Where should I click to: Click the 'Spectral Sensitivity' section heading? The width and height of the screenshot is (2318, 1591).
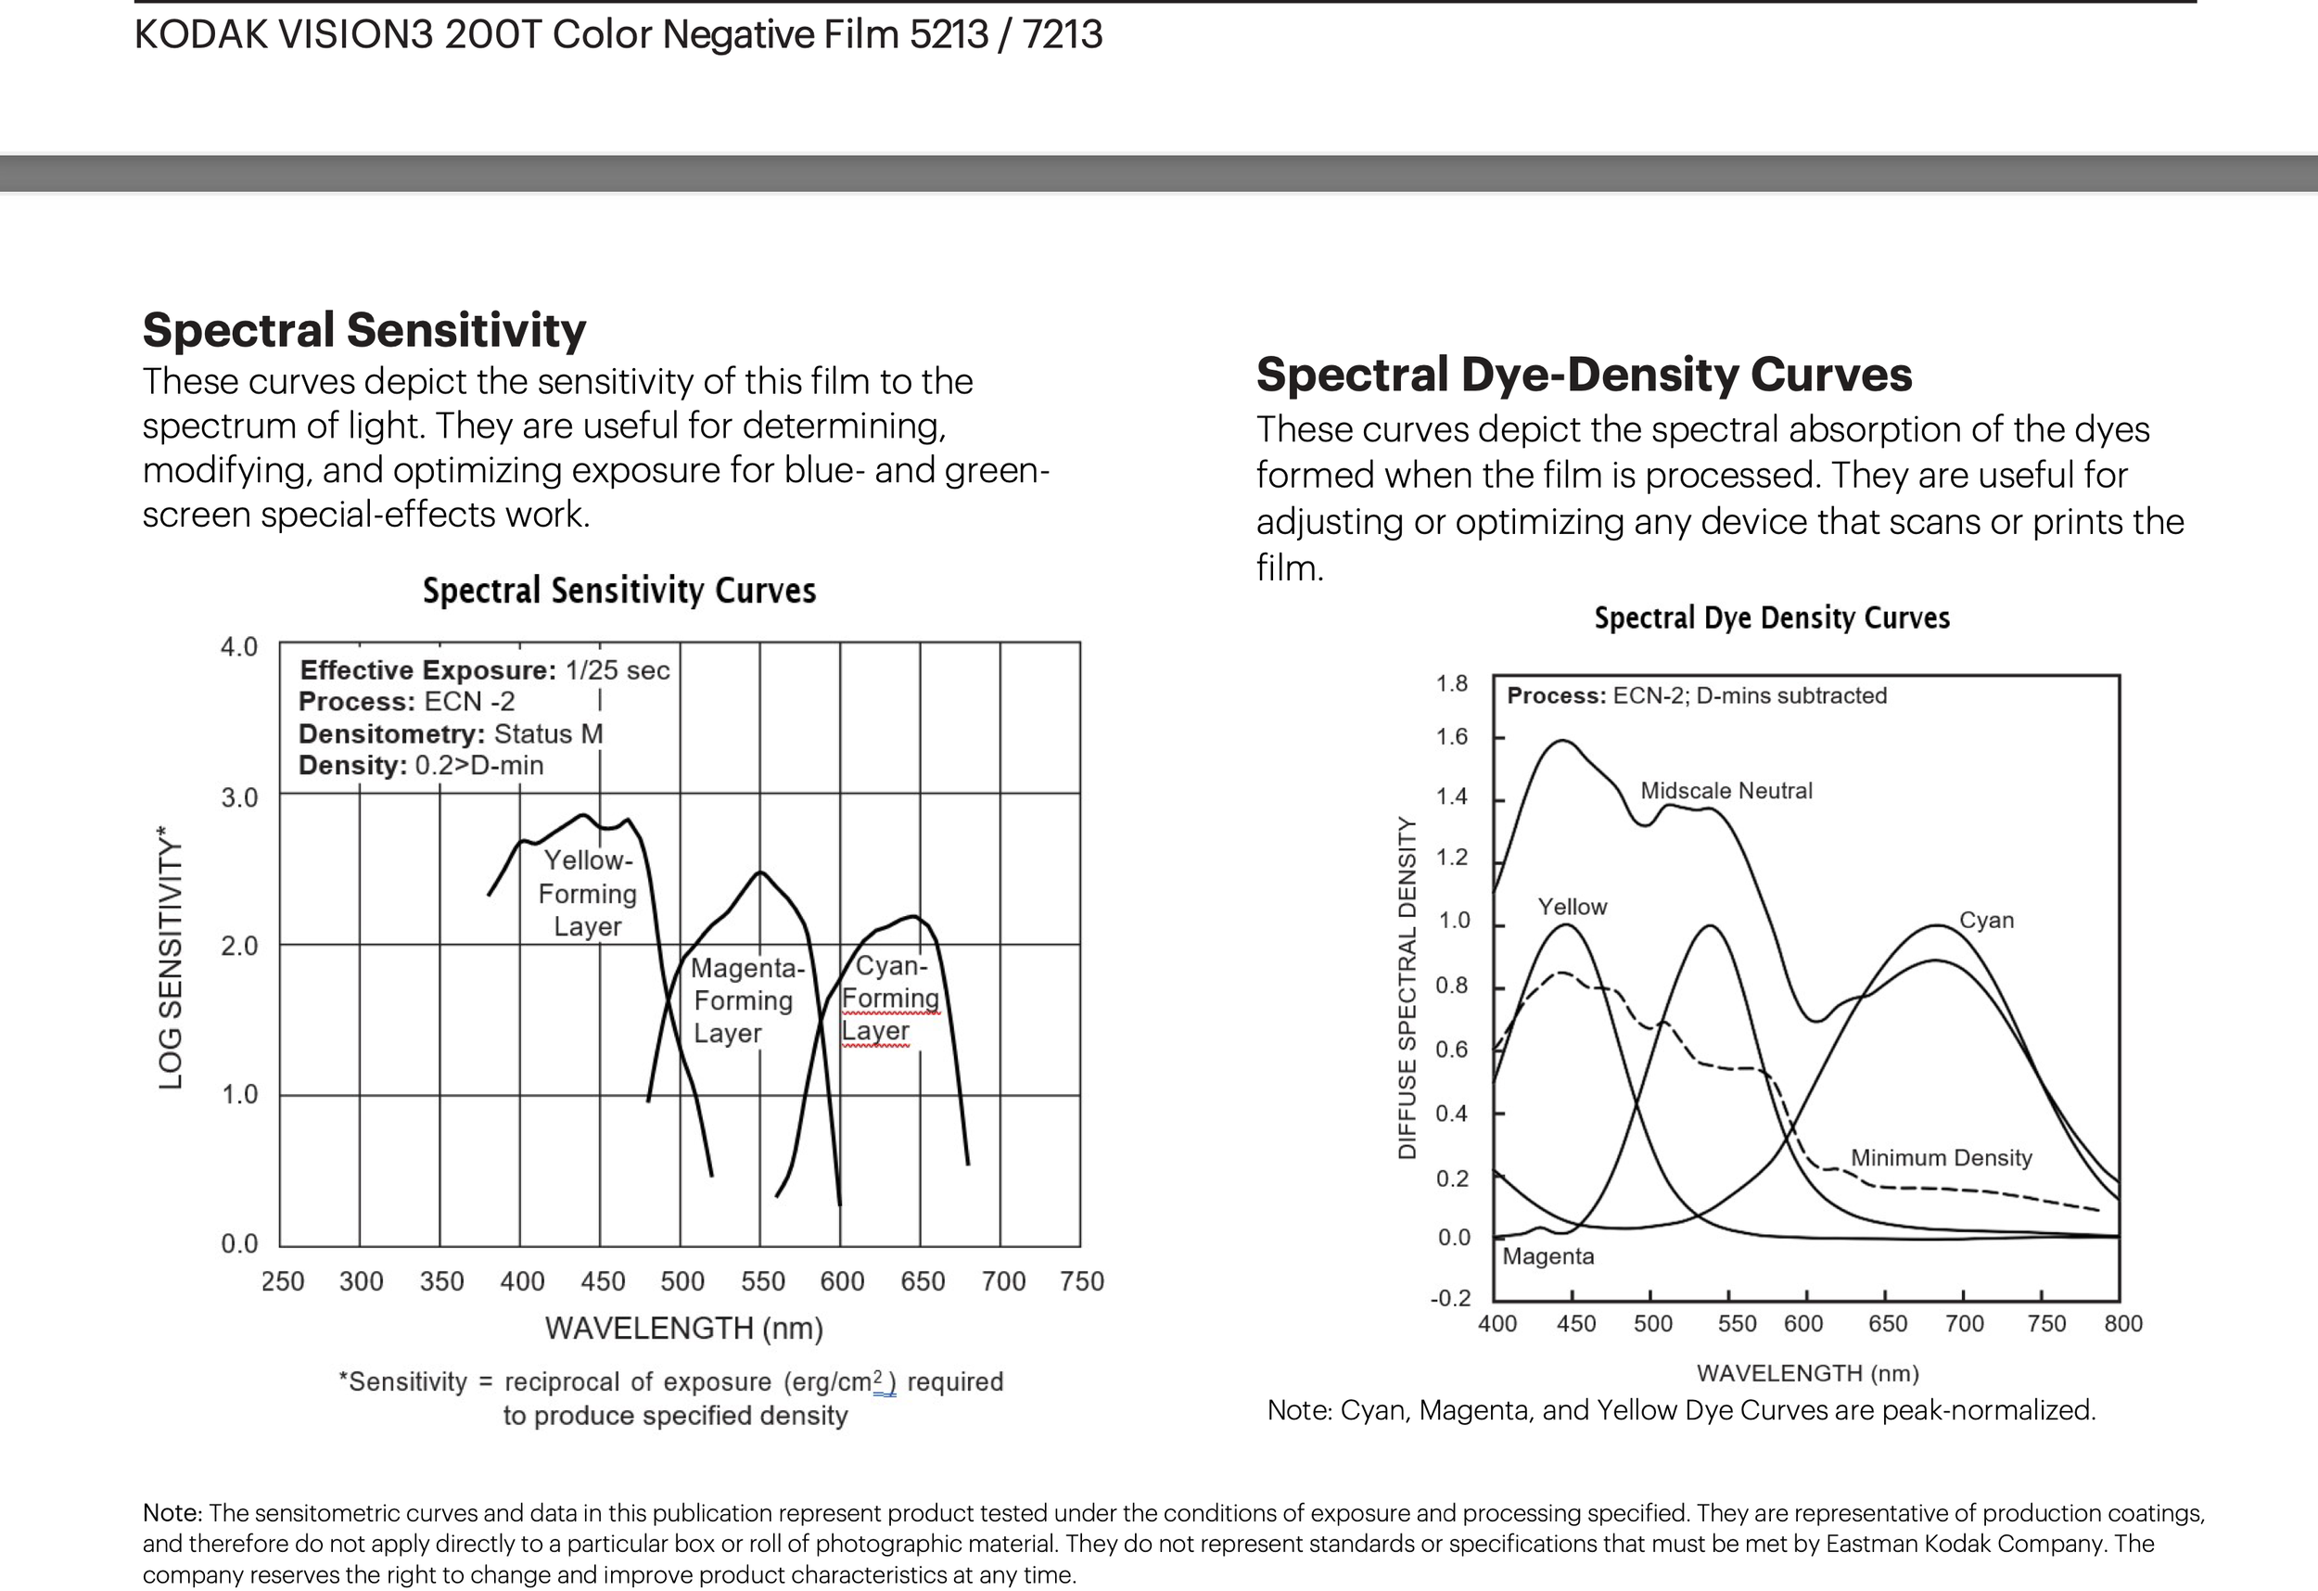364,330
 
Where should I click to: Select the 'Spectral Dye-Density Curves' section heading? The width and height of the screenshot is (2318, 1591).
1584,375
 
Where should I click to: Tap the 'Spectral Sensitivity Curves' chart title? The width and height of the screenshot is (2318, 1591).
619,591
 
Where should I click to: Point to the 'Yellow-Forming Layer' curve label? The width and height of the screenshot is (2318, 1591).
588,894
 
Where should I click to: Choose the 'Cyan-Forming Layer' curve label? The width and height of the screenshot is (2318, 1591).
890,998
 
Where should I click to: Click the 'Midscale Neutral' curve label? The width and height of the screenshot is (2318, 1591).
1726,791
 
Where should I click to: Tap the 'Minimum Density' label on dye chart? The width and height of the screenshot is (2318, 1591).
1941,1158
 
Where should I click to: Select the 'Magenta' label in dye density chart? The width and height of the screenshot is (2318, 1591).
1548,1257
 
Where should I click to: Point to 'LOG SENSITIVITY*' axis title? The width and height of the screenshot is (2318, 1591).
171,958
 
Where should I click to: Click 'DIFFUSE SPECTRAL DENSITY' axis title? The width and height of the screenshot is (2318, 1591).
1407,987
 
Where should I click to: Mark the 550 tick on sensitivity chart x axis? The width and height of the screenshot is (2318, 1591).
763,1281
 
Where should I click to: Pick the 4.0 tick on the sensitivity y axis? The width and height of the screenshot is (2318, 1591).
239,647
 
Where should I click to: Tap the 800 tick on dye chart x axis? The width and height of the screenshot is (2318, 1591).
2122,1325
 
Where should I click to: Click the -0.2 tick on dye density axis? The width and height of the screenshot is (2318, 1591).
1450,1299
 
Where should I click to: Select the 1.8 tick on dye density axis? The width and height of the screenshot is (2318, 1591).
1452,684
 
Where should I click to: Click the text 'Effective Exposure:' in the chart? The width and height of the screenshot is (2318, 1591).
427,670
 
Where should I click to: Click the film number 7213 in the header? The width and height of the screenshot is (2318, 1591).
1063,35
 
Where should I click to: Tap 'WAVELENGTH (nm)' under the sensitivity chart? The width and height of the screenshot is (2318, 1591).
683,1329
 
